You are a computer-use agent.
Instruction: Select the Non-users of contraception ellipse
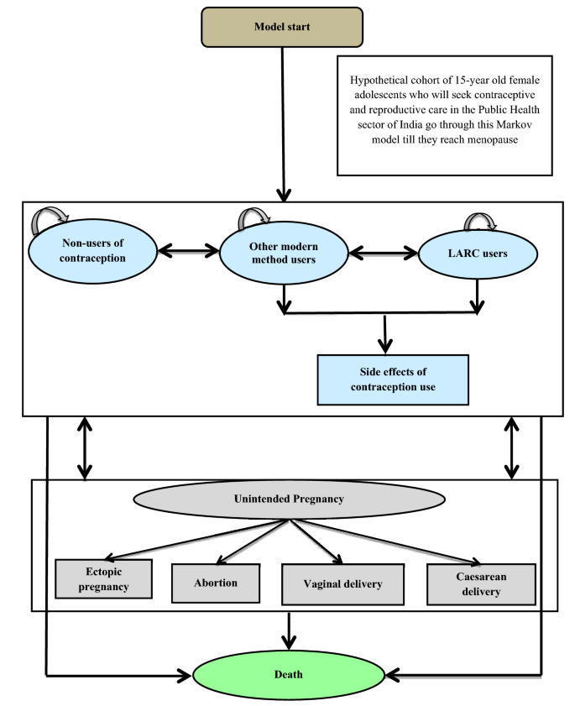(92, 251)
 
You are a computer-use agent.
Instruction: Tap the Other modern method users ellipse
(285, 251)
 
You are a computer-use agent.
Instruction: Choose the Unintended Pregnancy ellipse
(289, 499)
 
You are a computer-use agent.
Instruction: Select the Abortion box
(217, 583)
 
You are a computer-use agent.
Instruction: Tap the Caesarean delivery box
(480, 584)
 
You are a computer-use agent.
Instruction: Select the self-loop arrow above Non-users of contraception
(50, 220)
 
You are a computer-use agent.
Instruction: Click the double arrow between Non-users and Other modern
(188, 250)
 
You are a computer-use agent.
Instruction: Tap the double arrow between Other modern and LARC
(383, 250)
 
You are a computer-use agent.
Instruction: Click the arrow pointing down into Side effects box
(385, 334)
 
